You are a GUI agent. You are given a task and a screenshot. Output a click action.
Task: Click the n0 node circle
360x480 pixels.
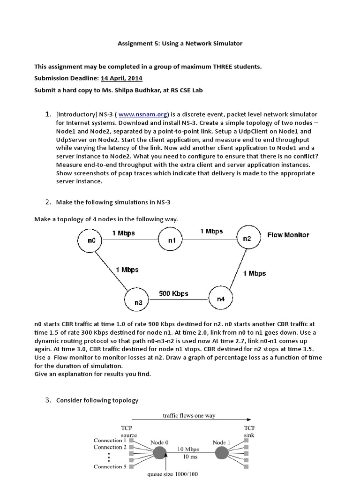click(x=91, y=240)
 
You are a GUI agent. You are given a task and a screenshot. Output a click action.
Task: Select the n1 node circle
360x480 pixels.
click(x=172, y=240)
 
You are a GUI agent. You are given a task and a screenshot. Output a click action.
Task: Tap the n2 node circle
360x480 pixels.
click(x=247, y=238)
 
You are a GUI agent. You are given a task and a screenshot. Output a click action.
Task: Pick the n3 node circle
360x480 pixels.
click(x=138, y=302)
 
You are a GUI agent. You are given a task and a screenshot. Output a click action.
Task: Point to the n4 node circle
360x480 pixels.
click(x=220, y=299)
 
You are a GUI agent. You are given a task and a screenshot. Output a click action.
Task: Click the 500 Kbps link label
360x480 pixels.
click(x=173, y=293)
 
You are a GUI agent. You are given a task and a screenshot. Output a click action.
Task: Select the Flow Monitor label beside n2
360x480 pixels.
click(x=288, y=235)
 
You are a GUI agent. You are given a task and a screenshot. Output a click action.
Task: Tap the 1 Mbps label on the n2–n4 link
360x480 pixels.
click(x=255, y=273)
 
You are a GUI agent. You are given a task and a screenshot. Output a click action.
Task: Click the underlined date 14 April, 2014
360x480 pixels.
click(x=121, y=78)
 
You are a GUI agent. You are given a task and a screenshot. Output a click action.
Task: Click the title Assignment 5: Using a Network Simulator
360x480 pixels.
click(x=180, y=43)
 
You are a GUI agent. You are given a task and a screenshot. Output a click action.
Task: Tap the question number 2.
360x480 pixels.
click(x=48, y=202)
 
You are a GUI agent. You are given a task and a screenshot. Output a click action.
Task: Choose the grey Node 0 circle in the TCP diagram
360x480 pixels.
click(x=160, y=453)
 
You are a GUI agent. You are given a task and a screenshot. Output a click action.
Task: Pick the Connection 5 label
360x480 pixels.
click(x=110, y=466)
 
